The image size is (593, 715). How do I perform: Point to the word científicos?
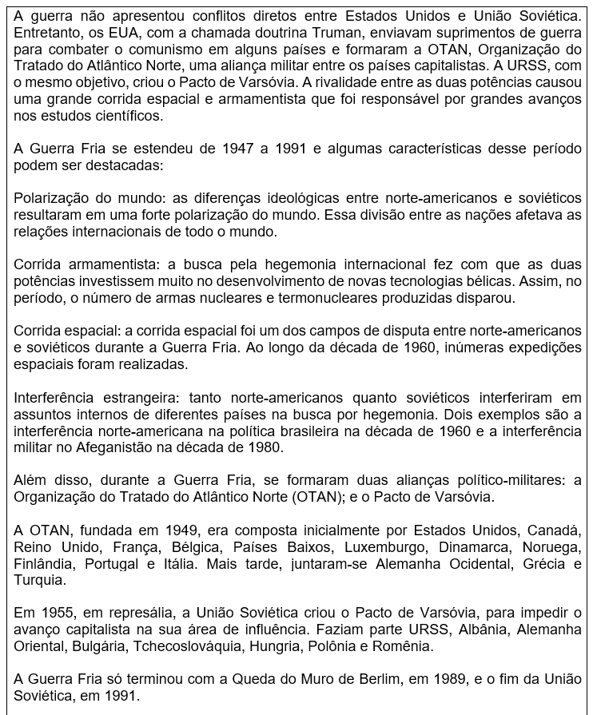point(125,116)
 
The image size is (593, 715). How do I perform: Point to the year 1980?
point(263,447)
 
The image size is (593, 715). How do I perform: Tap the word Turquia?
point(38,580)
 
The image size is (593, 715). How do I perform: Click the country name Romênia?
point(407,646)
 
